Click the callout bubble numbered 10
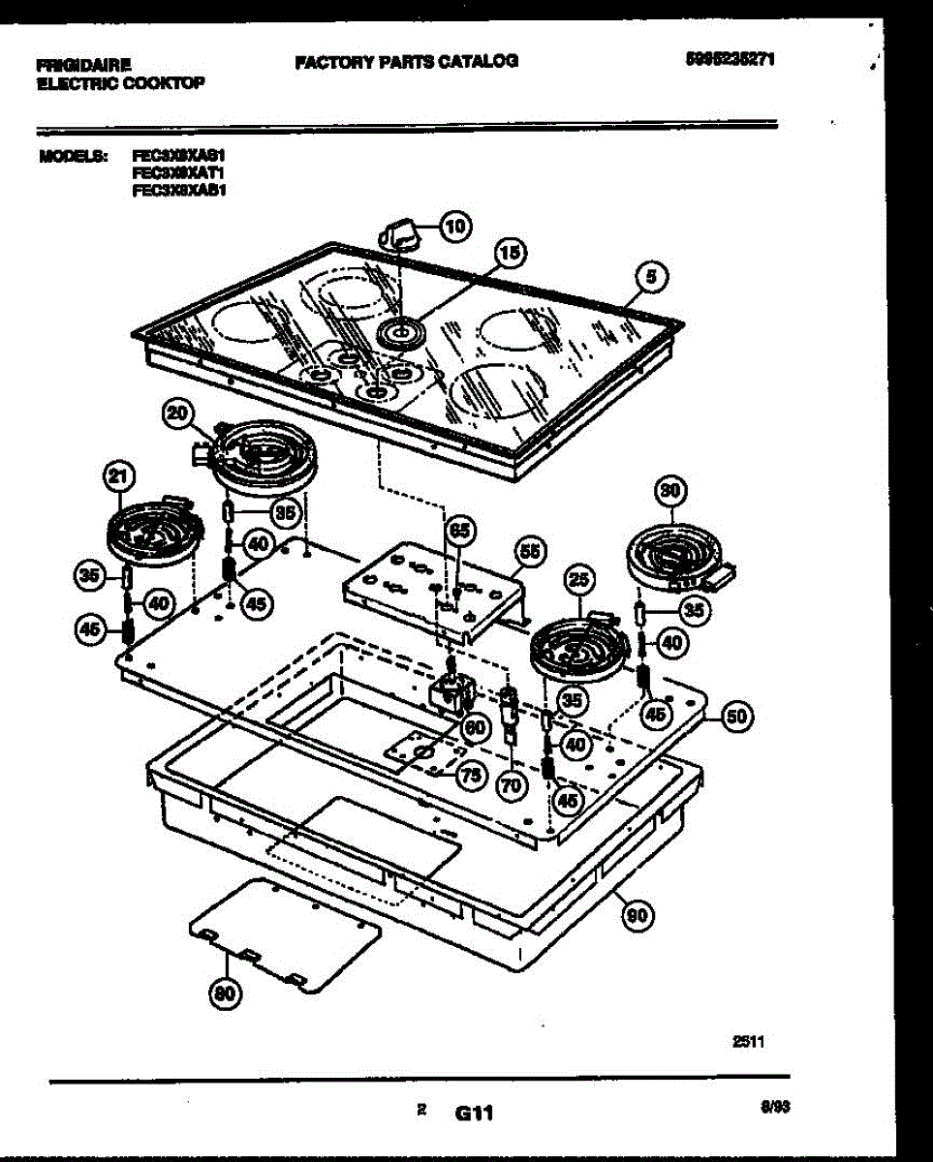(454, 228)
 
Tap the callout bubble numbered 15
(511, 254)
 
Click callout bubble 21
(117, 476)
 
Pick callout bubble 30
(669, 492)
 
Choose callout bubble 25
(578, 581)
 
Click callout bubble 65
(461, 530)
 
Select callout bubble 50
(737, 717)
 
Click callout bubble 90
(637, 916)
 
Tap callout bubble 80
(226, 993)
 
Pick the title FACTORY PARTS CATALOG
(406, 61)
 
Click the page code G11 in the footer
(474, 1115)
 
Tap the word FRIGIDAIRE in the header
(84, 66)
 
